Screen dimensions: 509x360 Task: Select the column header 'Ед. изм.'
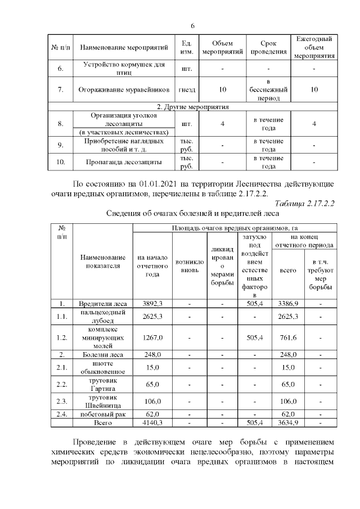(188, 48)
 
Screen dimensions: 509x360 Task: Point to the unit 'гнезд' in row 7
(188, 89)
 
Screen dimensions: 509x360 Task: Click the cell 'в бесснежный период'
(269, 89)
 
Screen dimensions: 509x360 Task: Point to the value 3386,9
(287, 304)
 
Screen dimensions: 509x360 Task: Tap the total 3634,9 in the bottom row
(287, 422)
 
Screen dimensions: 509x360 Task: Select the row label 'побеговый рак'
(103, 414)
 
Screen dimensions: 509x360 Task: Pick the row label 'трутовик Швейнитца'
(103, 400)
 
